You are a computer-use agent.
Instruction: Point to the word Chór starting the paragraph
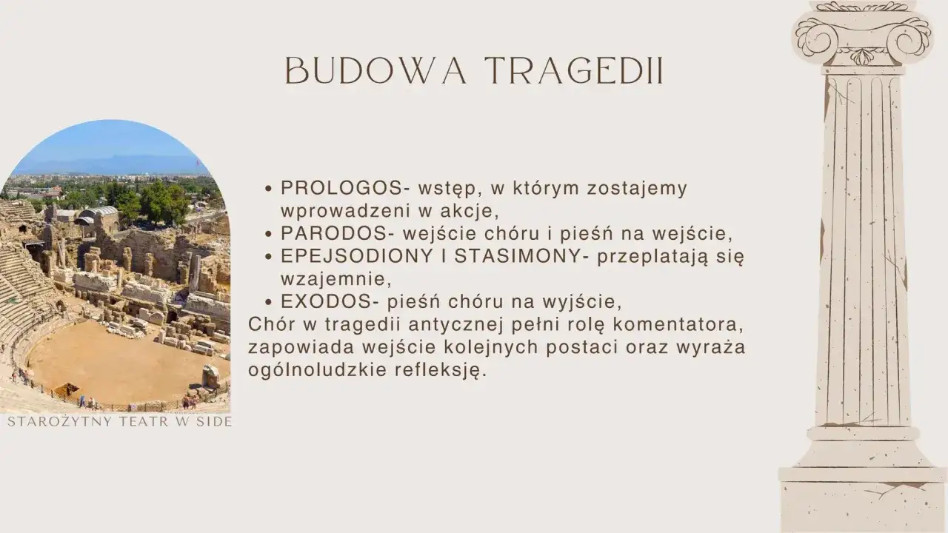pyautogui.click(x=272, y=325)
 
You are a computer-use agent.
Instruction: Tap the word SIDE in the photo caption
pyautogui.click(x=216, y=422)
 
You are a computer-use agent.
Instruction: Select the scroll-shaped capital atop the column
pyautogui.click(x=862, y=33)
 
